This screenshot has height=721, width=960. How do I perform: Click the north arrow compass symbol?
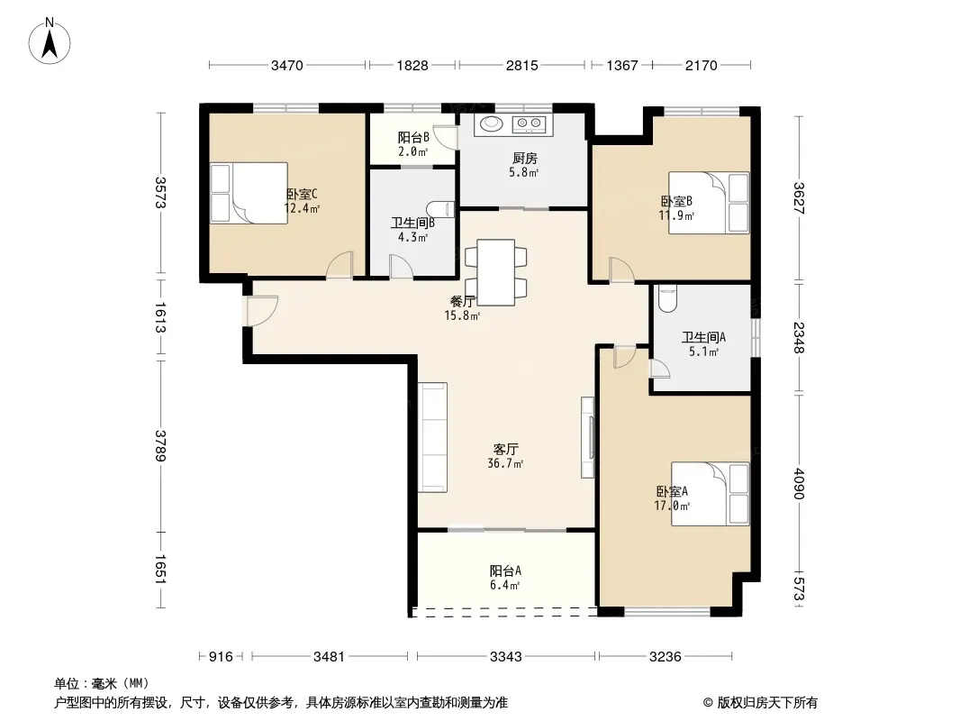(x=50, y=41)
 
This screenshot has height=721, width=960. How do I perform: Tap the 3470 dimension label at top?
(x=287, y=65)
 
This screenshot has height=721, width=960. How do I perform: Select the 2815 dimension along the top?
(x=521, y=65)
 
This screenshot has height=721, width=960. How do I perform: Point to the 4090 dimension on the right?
(x=799, y=483)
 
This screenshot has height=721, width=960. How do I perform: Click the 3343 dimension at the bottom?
(x=506, y=657)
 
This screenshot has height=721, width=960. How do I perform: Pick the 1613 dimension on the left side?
(x=160, y=317)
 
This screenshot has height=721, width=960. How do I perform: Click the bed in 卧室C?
(x=249, y=193)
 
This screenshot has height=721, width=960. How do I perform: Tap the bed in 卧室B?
(x=709, y=203)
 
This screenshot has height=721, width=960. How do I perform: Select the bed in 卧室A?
(x=711, y=494)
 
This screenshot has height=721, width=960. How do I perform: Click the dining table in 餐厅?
(x=496, y=272)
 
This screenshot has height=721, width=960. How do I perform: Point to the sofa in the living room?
(x=433, y=437)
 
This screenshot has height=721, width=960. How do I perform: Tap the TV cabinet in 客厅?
(x=588, y=437)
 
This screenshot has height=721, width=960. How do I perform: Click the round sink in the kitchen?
(x=491, y=123)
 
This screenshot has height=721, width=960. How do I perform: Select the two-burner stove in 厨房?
(x=530, y=123)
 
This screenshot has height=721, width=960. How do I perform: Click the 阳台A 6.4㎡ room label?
(x=505, y=578)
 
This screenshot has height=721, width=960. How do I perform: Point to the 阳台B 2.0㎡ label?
(x=413, y=144)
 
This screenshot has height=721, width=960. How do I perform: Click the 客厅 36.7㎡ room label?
(x=505, y=456)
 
